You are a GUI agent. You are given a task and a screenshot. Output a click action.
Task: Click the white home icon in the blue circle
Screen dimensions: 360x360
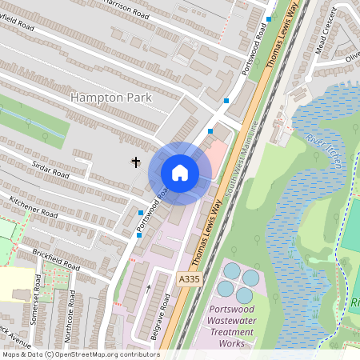(180, 173)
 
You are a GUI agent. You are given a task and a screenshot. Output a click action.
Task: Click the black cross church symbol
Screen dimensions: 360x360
(136, 162)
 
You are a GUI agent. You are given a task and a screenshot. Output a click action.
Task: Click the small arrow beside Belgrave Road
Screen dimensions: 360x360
(148, 286)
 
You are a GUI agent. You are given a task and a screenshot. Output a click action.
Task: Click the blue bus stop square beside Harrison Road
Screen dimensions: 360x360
(270, 18)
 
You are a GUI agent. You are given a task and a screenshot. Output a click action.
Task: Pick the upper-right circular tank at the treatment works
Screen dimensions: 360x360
(251, 278)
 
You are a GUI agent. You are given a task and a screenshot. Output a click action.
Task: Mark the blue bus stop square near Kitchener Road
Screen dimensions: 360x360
(141, 212)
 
